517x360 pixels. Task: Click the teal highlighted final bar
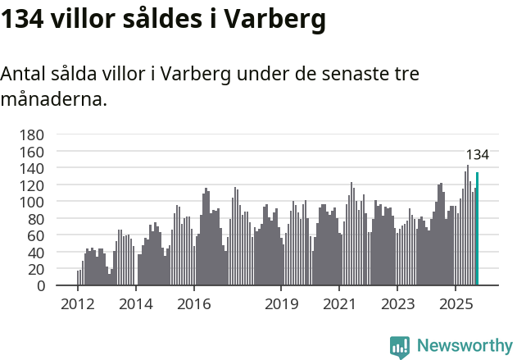tap(478, 229)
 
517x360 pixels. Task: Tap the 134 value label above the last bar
tap(477, 155)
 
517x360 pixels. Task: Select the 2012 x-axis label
tap(78, 304)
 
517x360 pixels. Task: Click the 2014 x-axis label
tap(136, 304)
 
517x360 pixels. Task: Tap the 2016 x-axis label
tap(193, 304)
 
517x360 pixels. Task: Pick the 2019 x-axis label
tap(281, 304)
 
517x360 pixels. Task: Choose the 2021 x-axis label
tap(339, 304)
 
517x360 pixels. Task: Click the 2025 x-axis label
tap(455, 304)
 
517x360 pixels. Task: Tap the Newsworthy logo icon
tap(400, 347)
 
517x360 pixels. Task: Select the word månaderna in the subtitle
tap(53, 100)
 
